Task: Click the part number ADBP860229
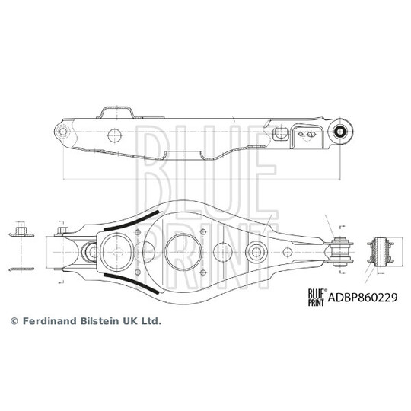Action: pyautogui.click(x=362, y=298)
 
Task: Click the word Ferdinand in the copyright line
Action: pyautogui.click(x=46, y=321)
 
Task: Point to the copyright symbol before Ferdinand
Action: pyautogui.click(x=14, y=321)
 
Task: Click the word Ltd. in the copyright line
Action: pyautogui.click(x=151, y=321)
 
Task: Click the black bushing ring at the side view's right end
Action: pyautogui.click(x=340, y=131)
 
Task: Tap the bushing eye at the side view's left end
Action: pyautogui.click(x=63, y=132)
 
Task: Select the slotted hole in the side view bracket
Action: pyautogui.click(x=311, y=135)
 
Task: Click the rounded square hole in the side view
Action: pyautogui.click(x=280, y=133)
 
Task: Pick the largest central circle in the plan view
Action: pyautogui.click(x=183, y=252)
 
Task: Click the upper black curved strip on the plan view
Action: pyautogui.click(x=132, y=221)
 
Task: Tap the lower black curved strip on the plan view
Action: pyautogui.click(x=132, y=283)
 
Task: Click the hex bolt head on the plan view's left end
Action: pyautogui.click(x=62, y=231)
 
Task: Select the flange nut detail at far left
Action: pyautogui.click(x=21, y=231)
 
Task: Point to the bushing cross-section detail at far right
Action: pyautogui.click(x=380, y=252)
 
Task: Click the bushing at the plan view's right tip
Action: pyautogui.click(x=340, y=252)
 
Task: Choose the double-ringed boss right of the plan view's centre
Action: pyautogui.click(x=256, y=252)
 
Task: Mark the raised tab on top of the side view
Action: pyautogui.click(x=116, y=112)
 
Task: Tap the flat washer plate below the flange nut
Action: pyautogui.click(x=21, y=269)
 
